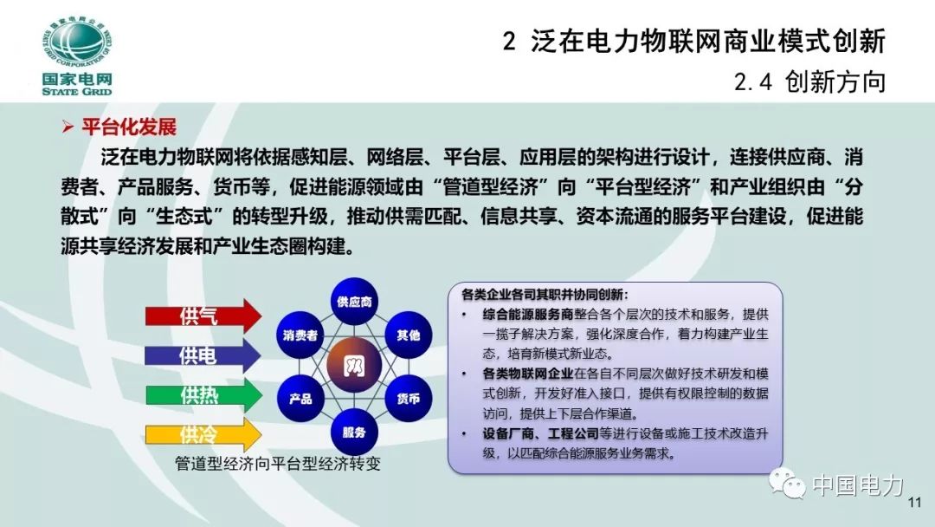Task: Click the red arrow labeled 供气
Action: pos(202,316)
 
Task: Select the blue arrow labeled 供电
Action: pos(202,356)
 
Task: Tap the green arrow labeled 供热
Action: pos(202,395)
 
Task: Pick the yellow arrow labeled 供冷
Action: pos(202,434)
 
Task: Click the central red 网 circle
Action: pos(353,366)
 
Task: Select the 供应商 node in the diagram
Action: pos(354,302)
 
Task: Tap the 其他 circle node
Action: pos(408,334)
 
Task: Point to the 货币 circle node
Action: pos(408,399)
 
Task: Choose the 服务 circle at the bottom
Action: pos(354,432)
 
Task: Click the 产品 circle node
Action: pos(300,399)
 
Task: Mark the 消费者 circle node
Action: pos(300,334)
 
